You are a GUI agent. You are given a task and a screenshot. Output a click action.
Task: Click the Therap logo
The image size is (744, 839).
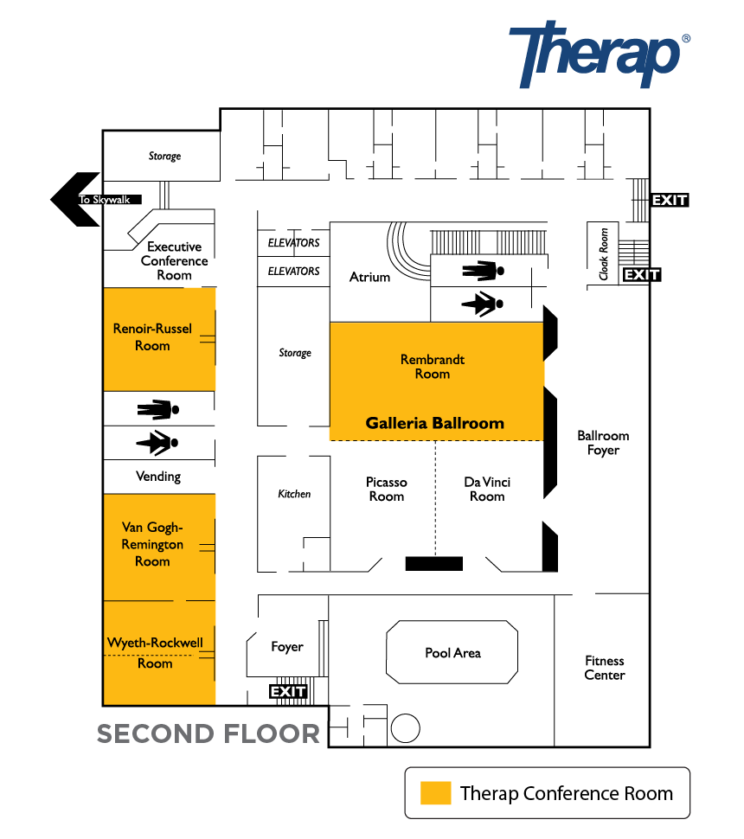pyautogui.click(x=600, y=54)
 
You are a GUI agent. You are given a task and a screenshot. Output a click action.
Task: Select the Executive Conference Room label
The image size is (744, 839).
pyautogui.click(x=175, y=260)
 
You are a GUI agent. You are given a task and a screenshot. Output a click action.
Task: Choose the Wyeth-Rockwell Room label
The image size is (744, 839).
pyautogui.click(x=155, y=653)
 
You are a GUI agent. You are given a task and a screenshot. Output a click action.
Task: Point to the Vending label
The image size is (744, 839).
pyautogui.click(x=158, y=477)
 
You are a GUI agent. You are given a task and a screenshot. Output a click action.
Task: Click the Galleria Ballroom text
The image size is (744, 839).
pyautogui.click(x=434, y=423)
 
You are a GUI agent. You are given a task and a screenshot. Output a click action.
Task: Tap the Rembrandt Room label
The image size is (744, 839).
pyautogui.click(x=433, y=367)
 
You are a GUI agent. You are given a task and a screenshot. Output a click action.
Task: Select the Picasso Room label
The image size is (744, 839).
pyautogui.click(x=387, y=489)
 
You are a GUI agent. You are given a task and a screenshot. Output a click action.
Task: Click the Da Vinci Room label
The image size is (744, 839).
pyautogui.click(x=487, y=489)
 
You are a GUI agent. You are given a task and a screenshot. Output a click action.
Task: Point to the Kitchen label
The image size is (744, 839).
pyautogui.click(x=294, y=494)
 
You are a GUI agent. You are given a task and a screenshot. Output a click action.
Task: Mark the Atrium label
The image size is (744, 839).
pyautogui.click(x=370, y=277)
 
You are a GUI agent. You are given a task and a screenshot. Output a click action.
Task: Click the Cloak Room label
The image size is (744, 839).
pyautogui.click(x=604, y=254)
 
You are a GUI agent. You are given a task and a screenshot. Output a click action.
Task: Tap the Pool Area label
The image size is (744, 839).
pyautogui.click(x=452, y=653)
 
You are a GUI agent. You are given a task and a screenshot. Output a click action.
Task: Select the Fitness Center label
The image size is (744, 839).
pyautogui.click(x=605, y=668)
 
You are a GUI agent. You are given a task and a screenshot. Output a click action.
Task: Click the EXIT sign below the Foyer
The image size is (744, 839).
pyautogui.click(x=288, y=692)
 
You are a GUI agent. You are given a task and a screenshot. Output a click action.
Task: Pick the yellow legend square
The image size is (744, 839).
pyautogui.click(x=436, y=793)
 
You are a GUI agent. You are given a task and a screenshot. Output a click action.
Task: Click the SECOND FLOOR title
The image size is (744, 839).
pyautogui.click(x=208, y=733)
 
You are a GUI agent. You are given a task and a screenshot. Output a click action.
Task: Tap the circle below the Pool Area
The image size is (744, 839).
pyautogui.click(x=405, y=728)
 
